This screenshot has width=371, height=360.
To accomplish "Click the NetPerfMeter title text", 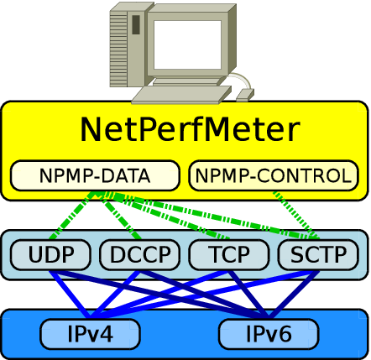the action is pos(191,130).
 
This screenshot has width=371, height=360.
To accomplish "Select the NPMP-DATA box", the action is pos(95,175).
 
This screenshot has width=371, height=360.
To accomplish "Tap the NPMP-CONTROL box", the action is pos(274,175).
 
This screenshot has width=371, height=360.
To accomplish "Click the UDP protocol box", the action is pos(50,254).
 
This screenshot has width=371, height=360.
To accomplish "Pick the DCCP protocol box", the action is pos(140,254).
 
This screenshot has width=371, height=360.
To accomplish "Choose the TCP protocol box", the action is pos(229,254).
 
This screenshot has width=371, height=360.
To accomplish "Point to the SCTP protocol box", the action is pos(318,254).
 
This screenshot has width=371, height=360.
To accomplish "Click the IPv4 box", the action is pos(90,334).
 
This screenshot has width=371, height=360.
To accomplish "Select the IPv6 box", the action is pos(269,334).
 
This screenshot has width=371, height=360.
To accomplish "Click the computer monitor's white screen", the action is pos(188,44).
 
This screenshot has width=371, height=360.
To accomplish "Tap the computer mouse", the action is pos(245,95).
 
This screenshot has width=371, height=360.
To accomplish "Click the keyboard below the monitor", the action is pos(182,95).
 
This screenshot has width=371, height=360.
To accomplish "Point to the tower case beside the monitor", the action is pos(128,44).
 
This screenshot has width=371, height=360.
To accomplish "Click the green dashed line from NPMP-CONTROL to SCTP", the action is pos(296,216).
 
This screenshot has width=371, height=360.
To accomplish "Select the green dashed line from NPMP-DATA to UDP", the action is pos(71,216).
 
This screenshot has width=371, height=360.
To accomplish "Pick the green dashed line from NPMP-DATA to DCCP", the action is pos(122,216).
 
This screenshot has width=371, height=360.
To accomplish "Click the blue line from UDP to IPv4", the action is pos(70,295).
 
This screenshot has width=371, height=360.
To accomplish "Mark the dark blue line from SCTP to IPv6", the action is pos(294,295).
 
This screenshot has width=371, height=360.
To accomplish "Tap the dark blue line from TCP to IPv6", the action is pos(249,295).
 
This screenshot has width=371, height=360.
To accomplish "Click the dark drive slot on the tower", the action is pos(136,25).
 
